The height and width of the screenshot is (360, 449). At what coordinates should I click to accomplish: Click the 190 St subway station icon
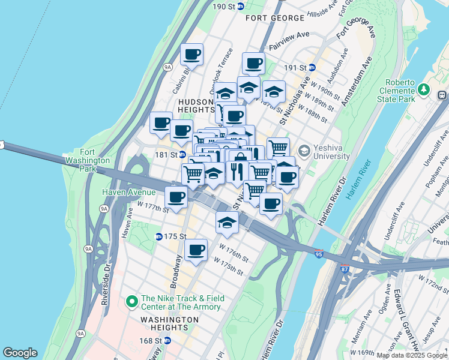pos(241,7)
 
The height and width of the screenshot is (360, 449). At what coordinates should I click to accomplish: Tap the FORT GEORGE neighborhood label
pos(276,18)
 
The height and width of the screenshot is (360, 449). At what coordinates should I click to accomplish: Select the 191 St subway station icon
pos(312,67)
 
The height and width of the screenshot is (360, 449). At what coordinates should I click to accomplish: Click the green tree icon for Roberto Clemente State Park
pos(425,89)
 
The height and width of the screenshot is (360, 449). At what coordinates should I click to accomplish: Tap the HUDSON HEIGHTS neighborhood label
pos(196,106)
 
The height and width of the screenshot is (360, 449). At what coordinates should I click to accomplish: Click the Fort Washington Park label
pos(88,161)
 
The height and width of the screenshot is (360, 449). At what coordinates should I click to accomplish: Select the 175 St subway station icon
pos(159,237)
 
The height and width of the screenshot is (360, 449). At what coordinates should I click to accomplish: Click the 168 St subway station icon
pos(167,341)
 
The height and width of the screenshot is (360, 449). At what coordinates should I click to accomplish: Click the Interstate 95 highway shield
pos(318,254)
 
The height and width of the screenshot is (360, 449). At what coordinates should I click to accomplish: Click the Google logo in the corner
pos(20,353)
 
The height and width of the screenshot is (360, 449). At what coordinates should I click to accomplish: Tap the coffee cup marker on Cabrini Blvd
pos(191,55)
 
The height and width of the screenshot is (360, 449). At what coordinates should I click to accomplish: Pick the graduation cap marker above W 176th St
pos(227,222)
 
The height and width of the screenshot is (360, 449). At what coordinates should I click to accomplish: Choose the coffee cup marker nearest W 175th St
pos(196,250)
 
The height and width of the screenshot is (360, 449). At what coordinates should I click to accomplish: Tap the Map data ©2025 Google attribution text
pos(412,355)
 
